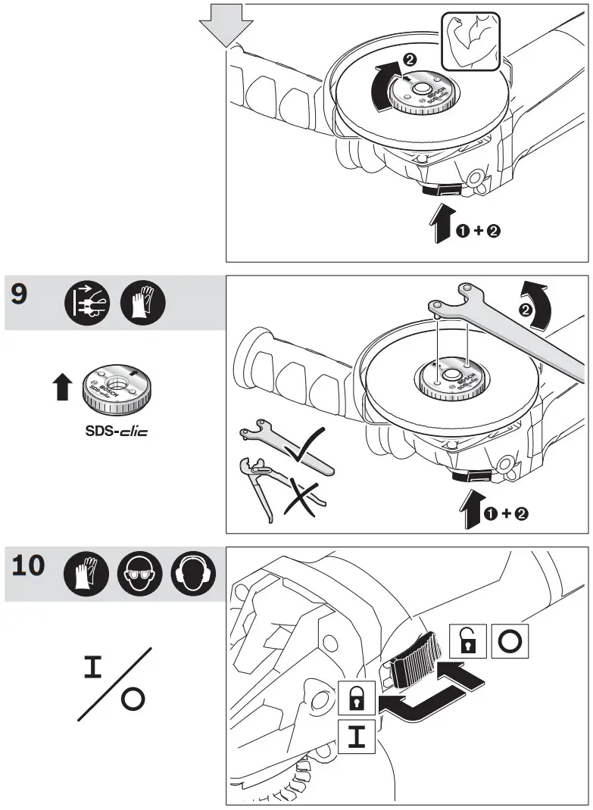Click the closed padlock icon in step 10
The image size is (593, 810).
355,697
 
